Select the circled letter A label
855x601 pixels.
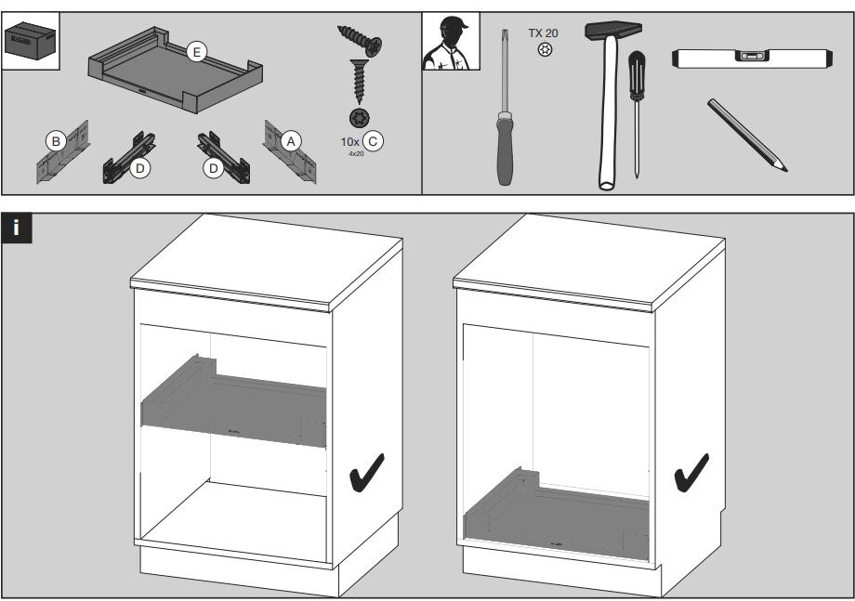(x=291, y=140)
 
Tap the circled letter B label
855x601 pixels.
(x=56, y=141)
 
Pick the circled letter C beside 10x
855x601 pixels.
(x=374, y=141)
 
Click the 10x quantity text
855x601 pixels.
(x=349, y=141)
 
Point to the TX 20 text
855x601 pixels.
(x=544, y=33)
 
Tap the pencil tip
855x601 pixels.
(x=783, y=167)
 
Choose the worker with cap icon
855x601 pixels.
(x=451, y=42)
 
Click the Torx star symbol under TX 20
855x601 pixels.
(x=545, y=49)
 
